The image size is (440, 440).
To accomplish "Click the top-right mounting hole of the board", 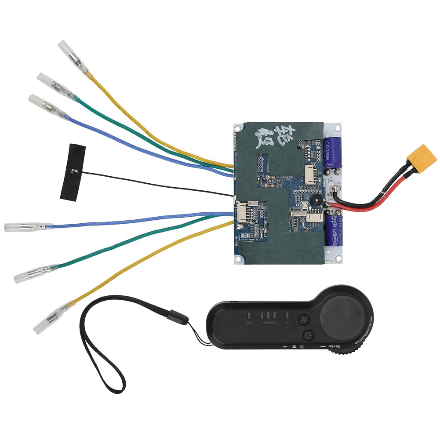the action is click(x=337, y=128).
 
